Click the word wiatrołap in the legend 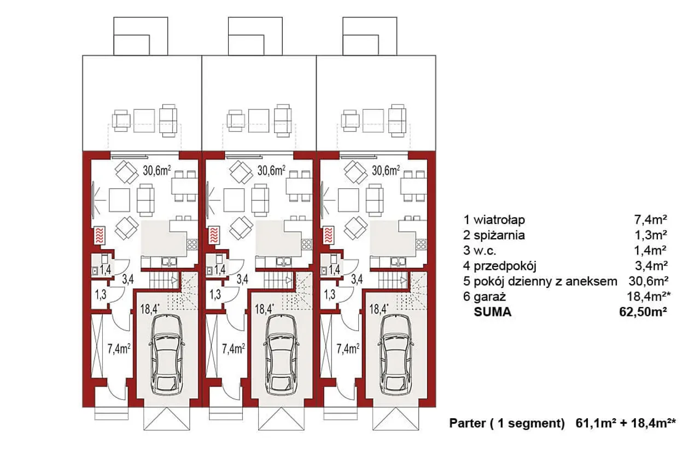coord(499,220)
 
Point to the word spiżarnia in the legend coord(499,235)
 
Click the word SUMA coord(493,312)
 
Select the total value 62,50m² coord(643,312)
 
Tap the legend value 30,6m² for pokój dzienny coord(648,281)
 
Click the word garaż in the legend coord(489,297)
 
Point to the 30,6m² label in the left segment coord(157,171)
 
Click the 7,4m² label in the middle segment coord(233,348)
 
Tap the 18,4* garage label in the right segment coord(379,309)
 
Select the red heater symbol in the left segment coord(100,235)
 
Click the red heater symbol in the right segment coord(329,235)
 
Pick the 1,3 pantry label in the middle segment coord(215,294)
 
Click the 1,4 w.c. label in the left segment coord(106,270)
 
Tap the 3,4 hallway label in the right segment coord(357,279)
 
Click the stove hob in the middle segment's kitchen coord(307,244)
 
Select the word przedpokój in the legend coord(505,266)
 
